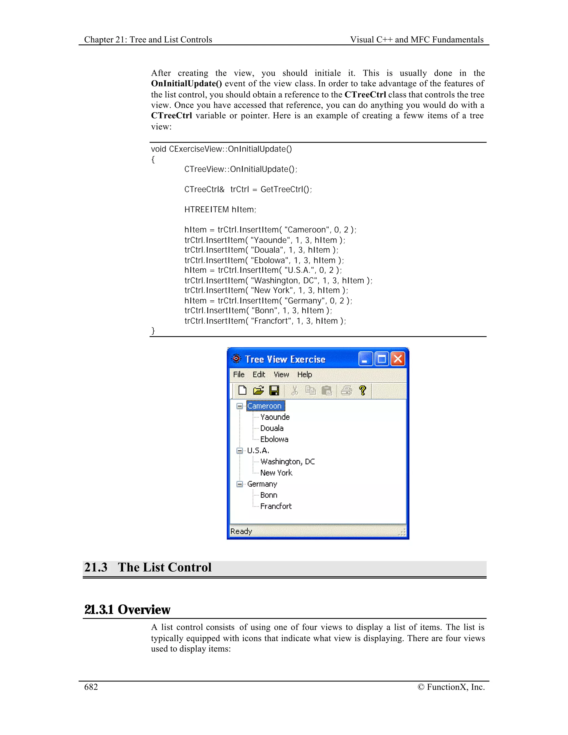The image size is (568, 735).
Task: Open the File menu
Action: [239, 374]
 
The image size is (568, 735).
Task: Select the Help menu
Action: [304, 374]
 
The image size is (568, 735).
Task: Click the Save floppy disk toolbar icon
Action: [274, 391]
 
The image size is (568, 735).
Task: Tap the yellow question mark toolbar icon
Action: [362, 391]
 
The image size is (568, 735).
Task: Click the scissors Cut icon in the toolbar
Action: [295, 391]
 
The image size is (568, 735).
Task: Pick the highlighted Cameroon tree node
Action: [265, 406]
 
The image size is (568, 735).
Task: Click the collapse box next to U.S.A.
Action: [240, 451]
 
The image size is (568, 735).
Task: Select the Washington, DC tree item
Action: [287, 462]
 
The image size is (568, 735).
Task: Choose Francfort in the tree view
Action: [276, 506]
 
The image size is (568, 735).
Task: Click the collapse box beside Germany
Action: [240, 484]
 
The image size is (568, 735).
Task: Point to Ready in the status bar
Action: [241, 531]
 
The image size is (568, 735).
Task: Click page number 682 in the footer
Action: [91, 687]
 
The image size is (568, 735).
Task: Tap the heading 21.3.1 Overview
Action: [127, 609]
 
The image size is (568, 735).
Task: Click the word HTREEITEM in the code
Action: [206, 210]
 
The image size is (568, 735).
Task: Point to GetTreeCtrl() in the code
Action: [286, 189]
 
